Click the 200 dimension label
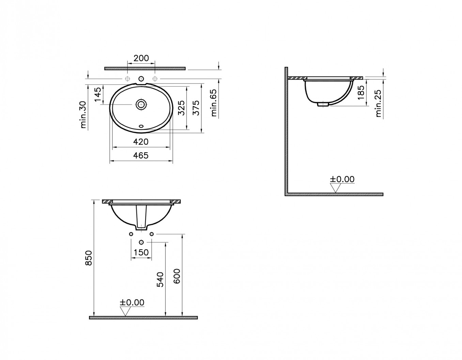[x=141, y=58]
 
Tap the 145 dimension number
[x=98, y=95]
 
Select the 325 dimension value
[x=181, y=108]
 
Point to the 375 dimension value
[x=196, y=108]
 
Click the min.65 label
[x=214, y=103]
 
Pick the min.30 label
[x=83, y=114]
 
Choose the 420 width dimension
[x=141, y=142]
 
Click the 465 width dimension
[x=141, y=155]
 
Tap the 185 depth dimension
[x=361, y=93]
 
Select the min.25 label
[x=378, y=103]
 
